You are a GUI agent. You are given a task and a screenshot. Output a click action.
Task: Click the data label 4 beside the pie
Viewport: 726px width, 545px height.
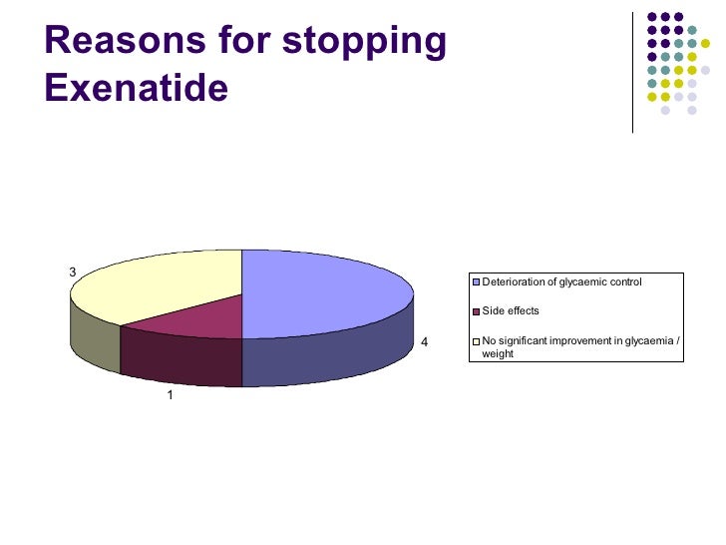pos(424,342)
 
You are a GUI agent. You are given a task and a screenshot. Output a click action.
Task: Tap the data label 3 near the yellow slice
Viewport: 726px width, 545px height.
pos(71,272)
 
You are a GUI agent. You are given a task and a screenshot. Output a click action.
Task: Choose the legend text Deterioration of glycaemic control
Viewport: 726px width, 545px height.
pos(561,282)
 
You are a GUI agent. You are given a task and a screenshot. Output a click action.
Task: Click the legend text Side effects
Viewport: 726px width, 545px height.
pos(511,311)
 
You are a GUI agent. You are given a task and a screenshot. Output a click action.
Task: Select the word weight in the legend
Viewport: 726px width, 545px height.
pos(498,353)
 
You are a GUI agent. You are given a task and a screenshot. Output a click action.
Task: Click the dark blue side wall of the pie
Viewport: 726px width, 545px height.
pos(329,359)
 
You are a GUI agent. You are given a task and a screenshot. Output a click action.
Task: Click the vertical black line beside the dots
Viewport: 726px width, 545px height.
pos(633,70)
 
